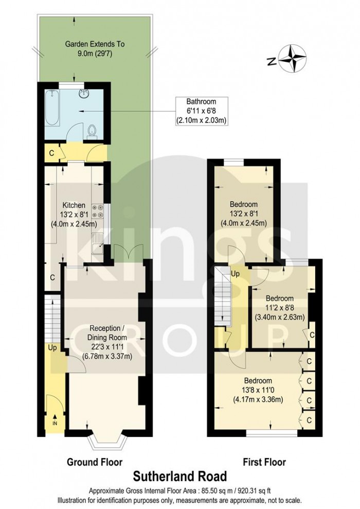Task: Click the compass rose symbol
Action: (x=294, y=58)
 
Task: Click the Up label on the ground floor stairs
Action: (x=51, y=348)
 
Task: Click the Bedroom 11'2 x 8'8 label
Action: (x=279, y=307)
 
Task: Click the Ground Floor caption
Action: (x=95, y=462)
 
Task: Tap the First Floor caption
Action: (x=264, y=462)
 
